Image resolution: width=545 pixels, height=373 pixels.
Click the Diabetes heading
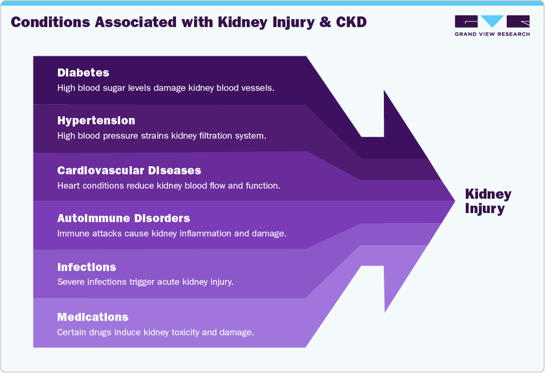click(x=83, y=73)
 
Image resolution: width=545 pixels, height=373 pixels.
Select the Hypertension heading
click(x=96, y=121)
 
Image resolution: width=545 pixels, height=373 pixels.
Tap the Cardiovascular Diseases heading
click(x=129, y=171)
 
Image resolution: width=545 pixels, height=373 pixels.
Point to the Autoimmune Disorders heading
click(x=123, y=218)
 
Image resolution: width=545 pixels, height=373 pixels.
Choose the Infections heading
click(x=87, y=267)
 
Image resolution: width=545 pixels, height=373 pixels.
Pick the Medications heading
click(x=93, y=317)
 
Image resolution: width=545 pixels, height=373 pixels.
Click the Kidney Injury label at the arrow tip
click(x=488, y=201)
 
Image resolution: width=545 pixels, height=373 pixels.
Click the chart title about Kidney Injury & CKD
click(x=189, y=22)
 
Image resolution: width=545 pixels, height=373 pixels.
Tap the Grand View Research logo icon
click(x=492, y=22)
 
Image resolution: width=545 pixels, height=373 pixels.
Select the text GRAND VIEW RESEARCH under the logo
click(x=492, y=35)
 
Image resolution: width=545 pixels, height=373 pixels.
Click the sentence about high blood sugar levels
click(x=165, y=88)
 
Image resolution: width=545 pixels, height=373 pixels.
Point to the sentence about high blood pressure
click(x=162, y=135)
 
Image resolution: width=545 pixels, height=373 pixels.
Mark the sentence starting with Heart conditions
click(x=169, y=186)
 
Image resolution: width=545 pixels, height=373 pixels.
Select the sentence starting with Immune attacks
click(x=172, y=233)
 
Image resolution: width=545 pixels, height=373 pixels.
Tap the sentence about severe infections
click(x=145, y=282)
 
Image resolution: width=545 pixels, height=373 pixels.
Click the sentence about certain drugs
click(x=155, y=333)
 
